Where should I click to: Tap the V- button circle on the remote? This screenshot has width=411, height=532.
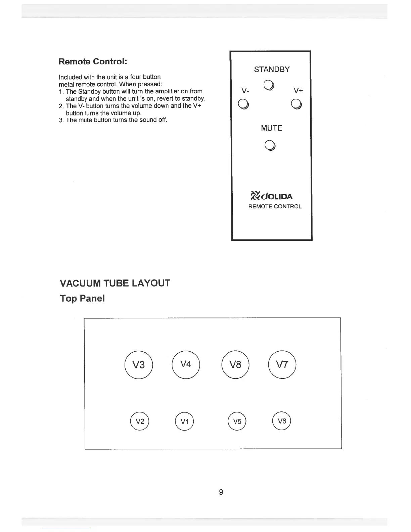click(243, 104)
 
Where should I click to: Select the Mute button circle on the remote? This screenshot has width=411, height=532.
click(270, 145)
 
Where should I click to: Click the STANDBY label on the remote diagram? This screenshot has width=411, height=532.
click(272, 70)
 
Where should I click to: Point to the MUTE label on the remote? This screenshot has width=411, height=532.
click(271, 128)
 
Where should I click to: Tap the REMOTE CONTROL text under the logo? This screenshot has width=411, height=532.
click(275, 207)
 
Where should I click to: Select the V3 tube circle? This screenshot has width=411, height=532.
click(139, 364)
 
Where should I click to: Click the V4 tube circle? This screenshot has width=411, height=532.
click(186, 364)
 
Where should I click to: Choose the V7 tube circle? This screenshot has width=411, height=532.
click(282, 364)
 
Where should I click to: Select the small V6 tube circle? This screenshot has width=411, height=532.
click(282, 421)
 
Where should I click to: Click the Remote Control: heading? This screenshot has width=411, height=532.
click(93, 62)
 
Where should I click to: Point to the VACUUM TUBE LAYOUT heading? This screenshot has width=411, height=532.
click(115, 283)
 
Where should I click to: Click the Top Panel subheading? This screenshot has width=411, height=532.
click(82, 298)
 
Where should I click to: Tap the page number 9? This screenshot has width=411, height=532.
click(221, 492)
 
